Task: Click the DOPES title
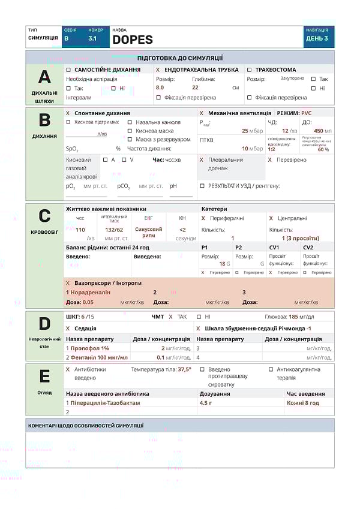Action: point(133,40)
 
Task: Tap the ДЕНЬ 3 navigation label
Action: point(317,38)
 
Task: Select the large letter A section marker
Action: point(44,76)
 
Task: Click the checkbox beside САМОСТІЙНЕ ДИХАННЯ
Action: point(68,70)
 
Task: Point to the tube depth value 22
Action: point(195,88)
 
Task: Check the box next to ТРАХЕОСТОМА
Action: point(250,70)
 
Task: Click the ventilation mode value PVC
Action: point(307,113)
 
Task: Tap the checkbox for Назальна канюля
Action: point(130,122)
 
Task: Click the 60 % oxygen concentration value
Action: point(323,149)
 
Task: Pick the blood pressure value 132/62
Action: point(114,230)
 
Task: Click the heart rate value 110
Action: point(80,230)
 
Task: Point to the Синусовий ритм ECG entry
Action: point(148,232)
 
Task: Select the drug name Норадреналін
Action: point(91,292)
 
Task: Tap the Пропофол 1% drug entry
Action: point(90,348)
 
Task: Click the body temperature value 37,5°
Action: point(184,369)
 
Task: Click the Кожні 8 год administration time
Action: point(302,403)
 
